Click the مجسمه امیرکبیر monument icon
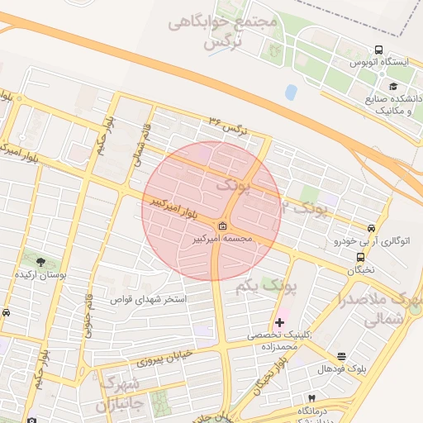point(223,226)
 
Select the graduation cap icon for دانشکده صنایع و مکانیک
point(393,86)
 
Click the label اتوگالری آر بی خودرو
point(371,242)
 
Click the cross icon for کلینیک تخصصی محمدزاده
point(279,321)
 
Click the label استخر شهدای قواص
point(149,298)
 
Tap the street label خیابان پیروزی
point(163,358)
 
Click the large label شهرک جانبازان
point(120,394)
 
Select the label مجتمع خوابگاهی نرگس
point(223,31)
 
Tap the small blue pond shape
point(291,91)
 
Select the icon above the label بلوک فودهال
point(340,355)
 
